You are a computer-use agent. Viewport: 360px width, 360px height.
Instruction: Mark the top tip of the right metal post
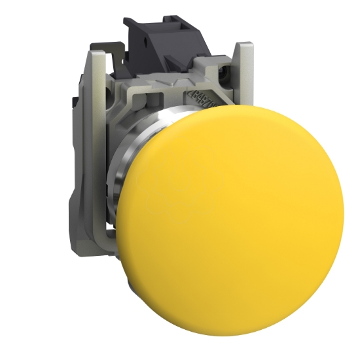coord(245,45)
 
